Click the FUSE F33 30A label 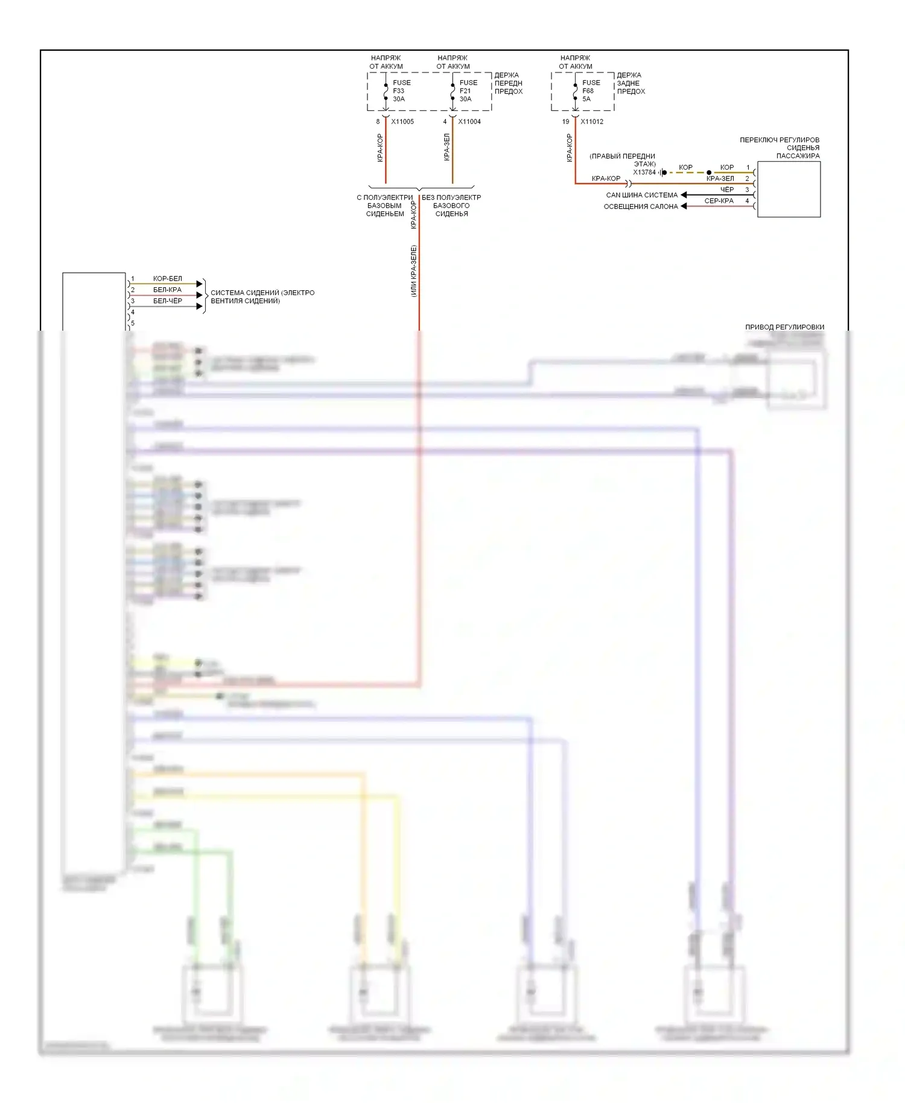pyautogui.click(x=401, y=91)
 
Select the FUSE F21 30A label pyautogui.click(x=468, y=91)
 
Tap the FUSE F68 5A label pyautogui.click(x=591, y=91)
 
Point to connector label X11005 pyautogui.click(x=402, y=122)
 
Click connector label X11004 pyautogui.click(x=469, y=122)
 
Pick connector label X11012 pyautogui.click(x=592, y=122)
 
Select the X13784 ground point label pyautogui.click(x=644, y=173)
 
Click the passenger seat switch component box pyautogui.click(x=789, y=189)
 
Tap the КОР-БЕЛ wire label pyautogui.click(x=167, y=279)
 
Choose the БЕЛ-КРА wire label pyautogui.click(x=167, y=290)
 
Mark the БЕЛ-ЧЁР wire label pyautogui.click(x=167, y=301)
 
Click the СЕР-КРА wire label pyautogui.click(x=719, y=201)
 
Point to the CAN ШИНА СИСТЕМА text pyautogui.click(x=641, y=195)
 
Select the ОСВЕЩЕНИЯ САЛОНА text pyautogui.click(x=641, y=206)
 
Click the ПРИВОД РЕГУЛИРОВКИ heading pyautogui.click(x=784, y=327)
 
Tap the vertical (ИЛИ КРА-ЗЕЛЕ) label pyautogui.click(x=414, y=271)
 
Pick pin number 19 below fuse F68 pyautogui.click(x=565, y=122)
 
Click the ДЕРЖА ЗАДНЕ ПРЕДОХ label pyautogui.click(x=630, y=83)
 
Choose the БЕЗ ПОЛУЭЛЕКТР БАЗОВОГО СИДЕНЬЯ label pyautogui.click(x=451, y=206)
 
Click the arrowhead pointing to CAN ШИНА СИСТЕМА pyautogui.click(x=684, y=195)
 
